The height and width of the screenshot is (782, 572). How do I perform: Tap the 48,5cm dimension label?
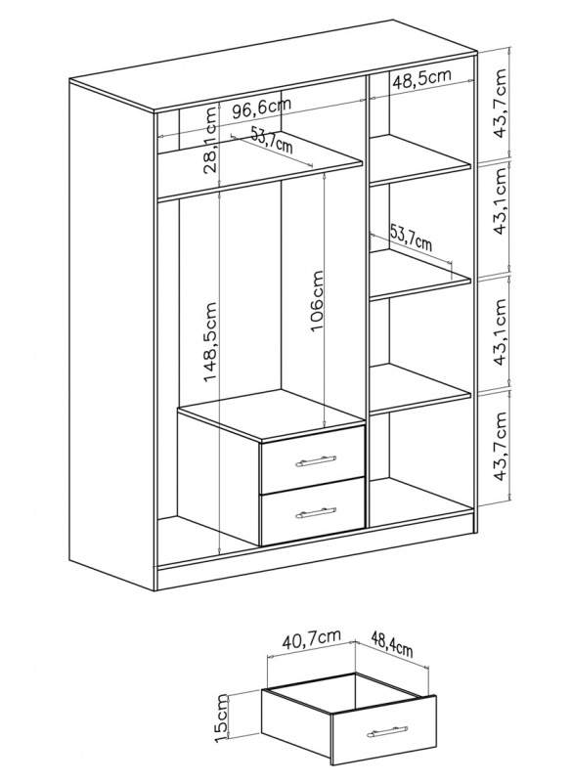pos(421,79)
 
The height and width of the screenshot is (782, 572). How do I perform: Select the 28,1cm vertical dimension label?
pos(210,140)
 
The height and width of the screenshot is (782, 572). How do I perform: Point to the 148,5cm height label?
pos(210,341)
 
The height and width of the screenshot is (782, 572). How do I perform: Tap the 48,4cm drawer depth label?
pos(391,643)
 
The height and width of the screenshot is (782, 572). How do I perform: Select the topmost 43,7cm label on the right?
pos(499,104)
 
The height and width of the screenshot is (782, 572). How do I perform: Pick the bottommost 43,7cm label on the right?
pos(499,447)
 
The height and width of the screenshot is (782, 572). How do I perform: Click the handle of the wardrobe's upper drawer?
pos(316,460)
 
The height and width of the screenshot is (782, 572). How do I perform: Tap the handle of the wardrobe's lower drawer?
pos(316,512)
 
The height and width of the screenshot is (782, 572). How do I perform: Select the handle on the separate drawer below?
pos(387,730)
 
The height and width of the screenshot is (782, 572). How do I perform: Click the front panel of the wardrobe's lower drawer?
pos(312,511)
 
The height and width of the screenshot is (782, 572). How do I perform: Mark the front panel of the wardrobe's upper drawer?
pos(312,459)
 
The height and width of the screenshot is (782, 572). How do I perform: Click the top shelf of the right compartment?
pos(419,158)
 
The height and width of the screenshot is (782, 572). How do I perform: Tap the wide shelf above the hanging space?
pos(260,169)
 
